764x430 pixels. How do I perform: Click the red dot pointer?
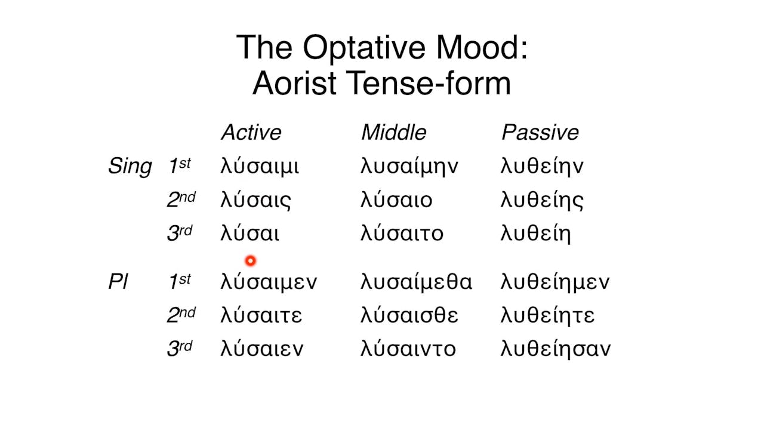(x=250, y=260)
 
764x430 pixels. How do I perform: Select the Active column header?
(x=251, y=133)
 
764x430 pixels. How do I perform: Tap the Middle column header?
(x=393, y=133)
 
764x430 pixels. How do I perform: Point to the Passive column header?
(x=540, y=133)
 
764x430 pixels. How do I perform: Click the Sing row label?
(x=130, y=167)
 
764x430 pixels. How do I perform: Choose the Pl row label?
(x=118, y=282)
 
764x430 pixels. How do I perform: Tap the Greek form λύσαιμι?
(x=260, y=167)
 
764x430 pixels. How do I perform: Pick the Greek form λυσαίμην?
(x=409, y=167)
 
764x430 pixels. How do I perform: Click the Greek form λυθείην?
(x=542, y=167)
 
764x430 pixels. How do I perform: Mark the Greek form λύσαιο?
(x=396, y=200)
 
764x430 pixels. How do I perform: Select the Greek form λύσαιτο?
(x=402, y=234)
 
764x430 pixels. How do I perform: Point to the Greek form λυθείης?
(x=542, y=200)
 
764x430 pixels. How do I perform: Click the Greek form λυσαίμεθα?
(x=416, y=282)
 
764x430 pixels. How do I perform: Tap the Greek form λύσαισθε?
(x=409, y=315)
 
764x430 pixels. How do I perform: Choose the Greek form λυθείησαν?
(x=555, y=349)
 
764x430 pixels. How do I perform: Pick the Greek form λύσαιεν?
(x=261, y=349)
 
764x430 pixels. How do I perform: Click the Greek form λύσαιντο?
(x=408, y=349)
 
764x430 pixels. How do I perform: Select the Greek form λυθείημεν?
(x=555, y=282)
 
